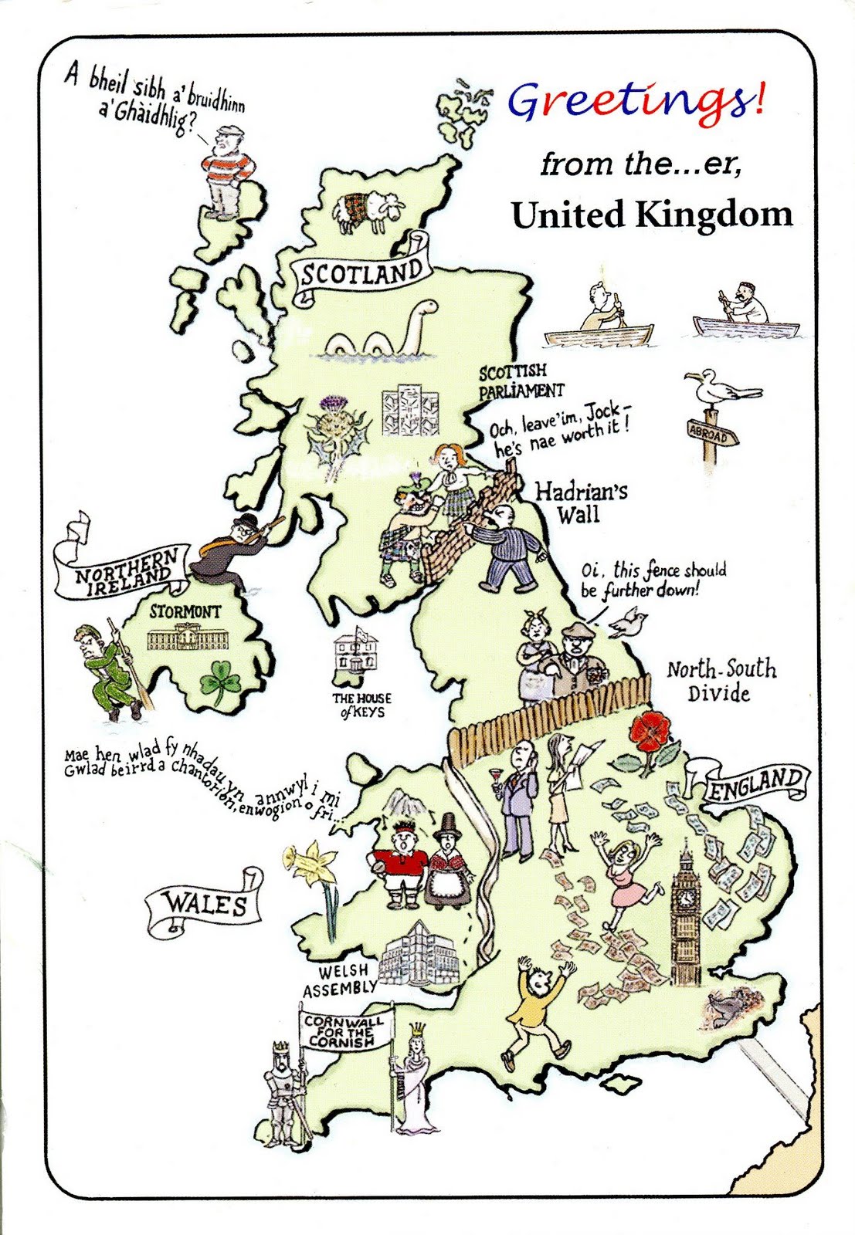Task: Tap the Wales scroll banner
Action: (x=205, y=904)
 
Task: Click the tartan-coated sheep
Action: (x=368, y=210)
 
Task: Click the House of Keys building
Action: (x=357, y=655)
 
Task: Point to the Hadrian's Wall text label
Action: (x=581, y=502)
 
